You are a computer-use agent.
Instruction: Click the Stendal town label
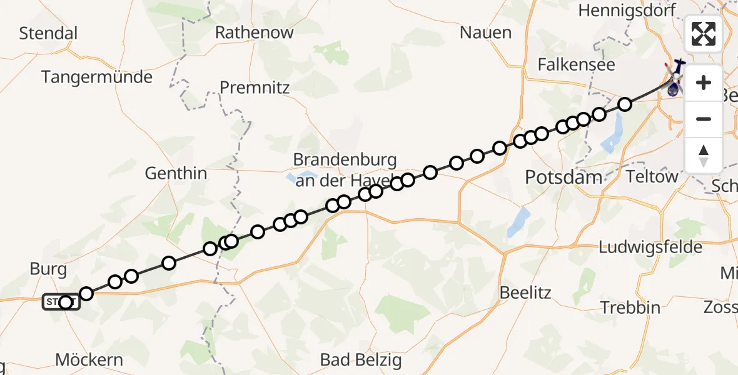point(48,33)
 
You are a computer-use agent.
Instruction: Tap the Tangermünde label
point(97,77)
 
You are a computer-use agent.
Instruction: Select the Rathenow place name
point(254,32)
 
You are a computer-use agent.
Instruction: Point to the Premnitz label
point(255,87)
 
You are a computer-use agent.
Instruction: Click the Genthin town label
point(176,173)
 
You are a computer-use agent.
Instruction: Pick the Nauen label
point(485,32)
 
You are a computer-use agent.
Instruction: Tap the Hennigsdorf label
point(620,11)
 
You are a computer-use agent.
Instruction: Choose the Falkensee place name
point(577,64)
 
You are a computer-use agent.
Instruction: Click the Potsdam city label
point(564,177)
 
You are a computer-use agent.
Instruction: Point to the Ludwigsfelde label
point(650,247)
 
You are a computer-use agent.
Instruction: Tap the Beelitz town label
point(524,292)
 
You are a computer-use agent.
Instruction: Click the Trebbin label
point(630,307)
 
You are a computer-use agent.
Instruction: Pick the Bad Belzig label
point(361,360)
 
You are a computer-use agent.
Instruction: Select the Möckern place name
point(89,360)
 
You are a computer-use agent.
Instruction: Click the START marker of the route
point(61,302)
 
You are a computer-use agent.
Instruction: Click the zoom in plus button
point(704,82)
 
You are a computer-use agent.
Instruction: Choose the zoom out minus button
point(704,119)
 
